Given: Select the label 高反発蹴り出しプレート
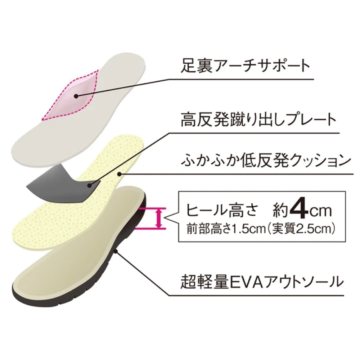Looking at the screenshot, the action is (258, 120).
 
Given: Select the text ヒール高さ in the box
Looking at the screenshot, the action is (221, 210).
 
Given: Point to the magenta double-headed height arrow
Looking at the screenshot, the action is (158, 219).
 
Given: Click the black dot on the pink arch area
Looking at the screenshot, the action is (76, 96).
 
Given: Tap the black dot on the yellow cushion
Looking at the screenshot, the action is (119, 174).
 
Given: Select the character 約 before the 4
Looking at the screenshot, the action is (280, 210).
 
